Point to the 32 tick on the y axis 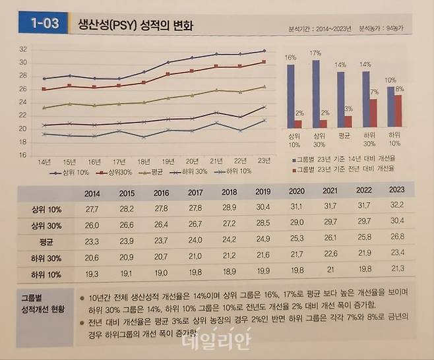[22, 49]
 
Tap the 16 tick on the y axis [22, 156]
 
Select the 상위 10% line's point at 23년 [264, 51]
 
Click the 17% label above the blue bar [315, 51]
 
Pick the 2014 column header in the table [94, 193]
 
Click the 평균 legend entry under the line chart [152, 172]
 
